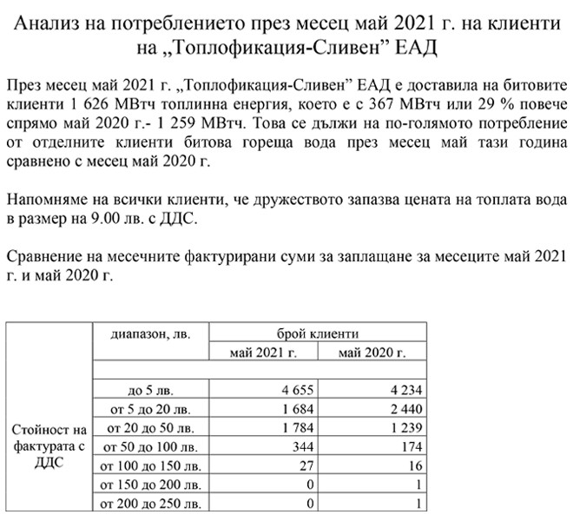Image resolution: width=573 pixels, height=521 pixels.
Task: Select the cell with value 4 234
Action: (406, 391)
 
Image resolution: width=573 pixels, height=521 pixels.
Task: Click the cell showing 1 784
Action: (298, 429)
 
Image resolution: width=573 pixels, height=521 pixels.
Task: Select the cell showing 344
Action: (303, 447)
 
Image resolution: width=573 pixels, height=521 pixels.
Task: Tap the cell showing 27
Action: (306, 466)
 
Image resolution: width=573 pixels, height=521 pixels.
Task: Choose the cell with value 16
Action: (415, 466)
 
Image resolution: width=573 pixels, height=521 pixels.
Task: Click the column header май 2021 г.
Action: (263, 353)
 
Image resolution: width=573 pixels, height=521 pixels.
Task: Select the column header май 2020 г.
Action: (372, 353)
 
